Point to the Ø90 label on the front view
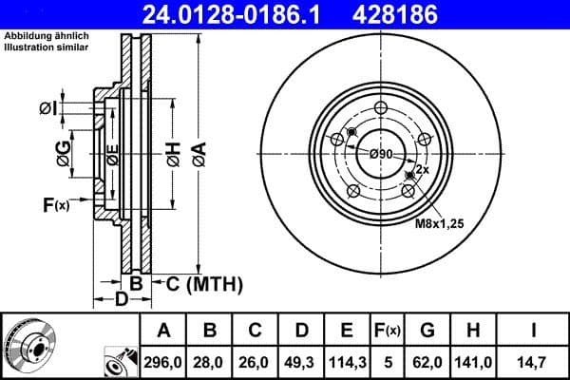[x=381, y=154]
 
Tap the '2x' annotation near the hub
[x=422, y=168]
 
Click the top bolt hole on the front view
[x=381, y=107]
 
